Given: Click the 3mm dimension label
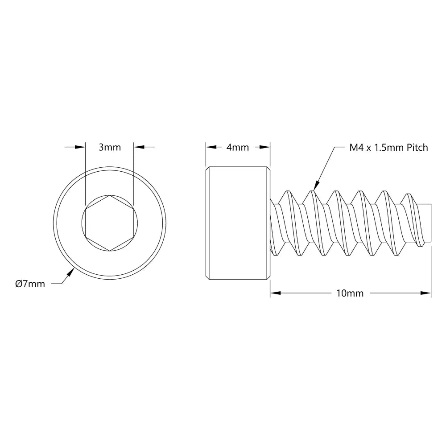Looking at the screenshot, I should pos(109,147).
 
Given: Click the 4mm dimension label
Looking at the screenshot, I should pos(237,148).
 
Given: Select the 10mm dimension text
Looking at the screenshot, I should pos(351,293).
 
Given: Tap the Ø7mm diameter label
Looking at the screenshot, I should pos(30,284).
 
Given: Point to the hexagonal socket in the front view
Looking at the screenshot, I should pos(109,223).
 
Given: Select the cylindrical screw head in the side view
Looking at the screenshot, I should pos(238,223).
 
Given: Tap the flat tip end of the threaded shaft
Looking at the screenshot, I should pos(432,223).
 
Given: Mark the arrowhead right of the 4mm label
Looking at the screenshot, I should pos(266,147).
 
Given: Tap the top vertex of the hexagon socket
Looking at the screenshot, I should pos(109,195).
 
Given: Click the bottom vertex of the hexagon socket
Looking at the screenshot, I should pos(109,251).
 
